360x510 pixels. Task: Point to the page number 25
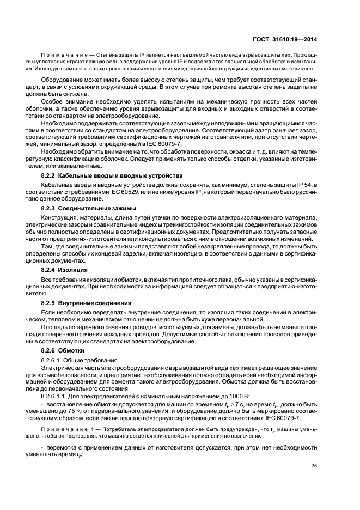pyautogui.click(x=314, y=465)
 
